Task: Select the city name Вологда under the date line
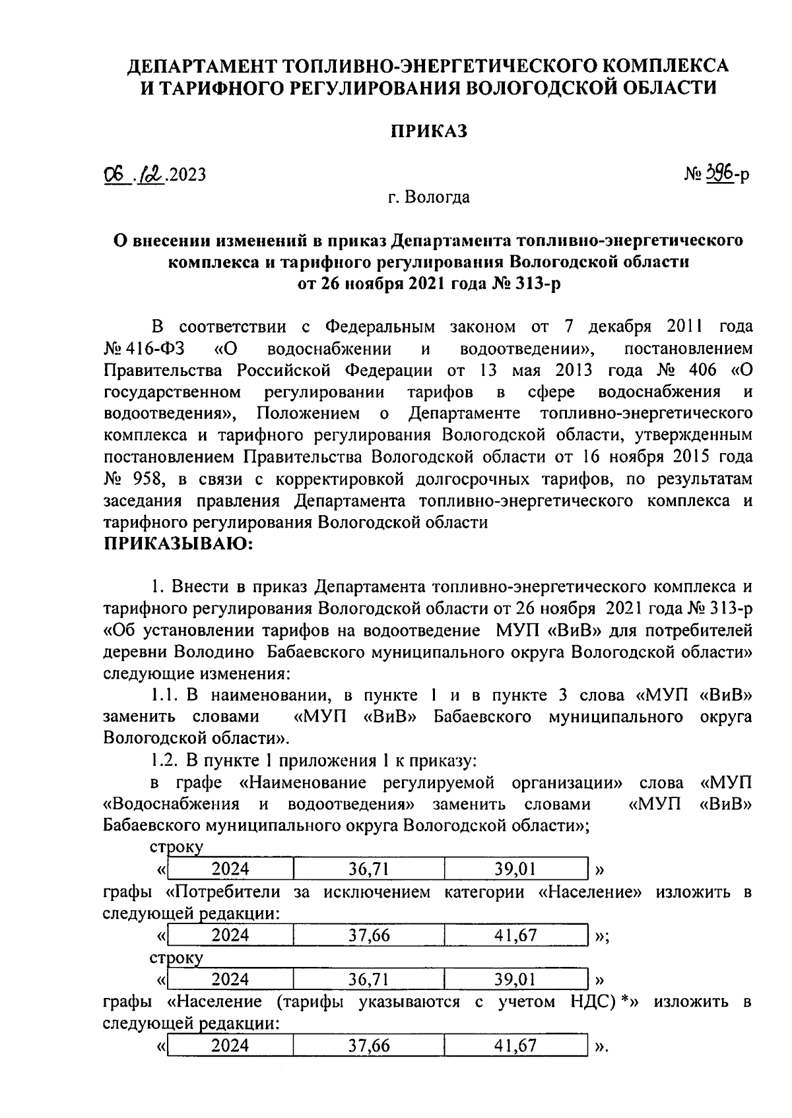click(438, 197)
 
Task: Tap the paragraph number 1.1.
click(166, 695)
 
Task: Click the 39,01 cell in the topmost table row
click(515, 869)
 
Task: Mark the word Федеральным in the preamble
click(381, 327)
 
